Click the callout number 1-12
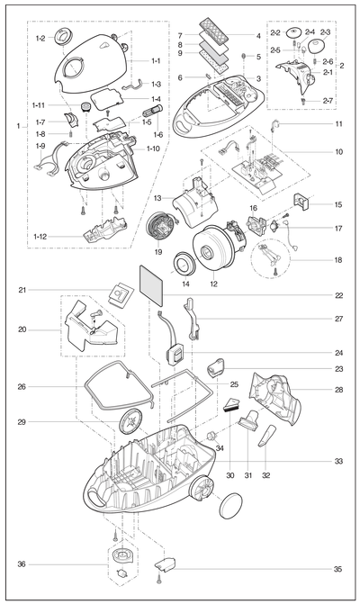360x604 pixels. pos(40,237)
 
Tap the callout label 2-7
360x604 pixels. pos(328,101)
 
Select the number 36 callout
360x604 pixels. pos(22,564)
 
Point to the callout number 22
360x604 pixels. pos(338,295)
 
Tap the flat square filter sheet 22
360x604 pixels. pos(152,284)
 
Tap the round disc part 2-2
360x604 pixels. pos(294,32)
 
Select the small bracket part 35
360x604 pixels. pos(166,563)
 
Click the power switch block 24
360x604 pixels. pos(176,353)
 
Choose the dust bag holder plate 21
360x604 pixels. pos(120,295)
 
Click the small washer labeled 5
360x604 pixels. pos(244,56)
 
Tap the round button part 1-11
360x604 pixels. pos(85,106)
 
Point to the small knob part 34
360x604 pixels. pos(211,437)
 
